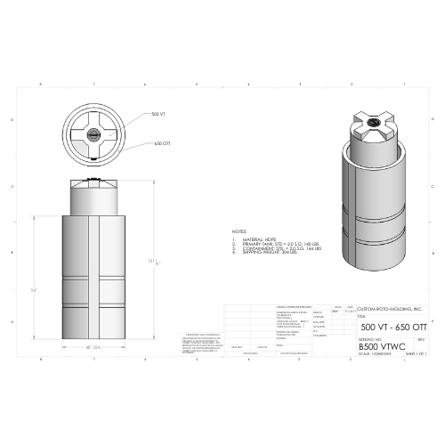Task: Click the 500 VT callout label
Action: [x=158, y=115]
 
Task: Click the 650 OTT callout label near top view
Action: [x=162, y=143]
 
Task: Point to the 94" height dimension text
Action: [x=34, y=289]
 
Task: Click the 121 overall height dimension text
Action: [x=152, y=261]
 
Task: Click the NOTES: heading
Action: [x=239, y=230]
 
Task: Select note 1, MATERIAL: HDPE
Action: [x=256, y=239]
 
